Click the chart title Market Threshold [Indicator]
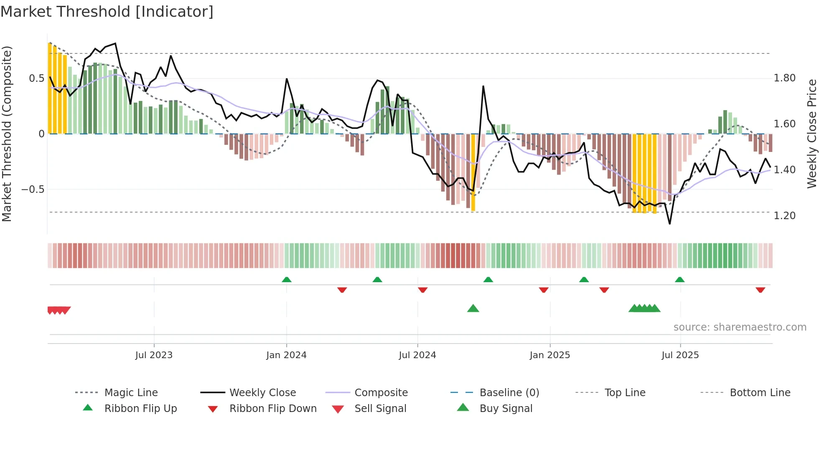click(x=107, y=12)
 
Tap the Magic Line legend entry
click(x=131, y=393)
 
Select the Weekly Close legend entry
click(x=262, y=393)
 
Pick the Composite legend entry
click(x=381, y=393)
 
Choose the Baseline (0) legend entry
click(x=509, y=393)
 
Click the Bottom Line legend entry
click(x=760, y=393)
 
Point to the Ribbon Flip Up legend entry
click(x=140, y=409)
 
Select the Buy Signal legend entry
click(x=506, y=409)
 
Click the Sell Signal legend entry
click(x=380, y=409)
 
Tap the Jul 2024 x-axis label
click(x=417, y=355)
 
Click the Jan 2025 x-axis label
click(x=549, y=355)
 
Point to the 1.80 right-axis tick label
click(x=784, y=78)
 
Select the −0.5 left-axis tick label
click(x=33, y=190)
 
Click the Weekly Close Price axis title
click(x=811, y=134)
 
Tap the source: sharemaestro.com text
click(x=740, y=327)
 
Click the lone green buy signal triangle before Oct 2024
click(x=473, y=308)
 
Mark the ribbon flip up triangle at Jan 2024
click(x=287, y=280)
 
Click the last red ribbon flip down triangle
click(x=760, y=290)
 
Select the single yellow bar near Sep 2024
click(x=473, y=172)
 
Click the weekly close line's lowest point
click(x=669, y=224)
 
